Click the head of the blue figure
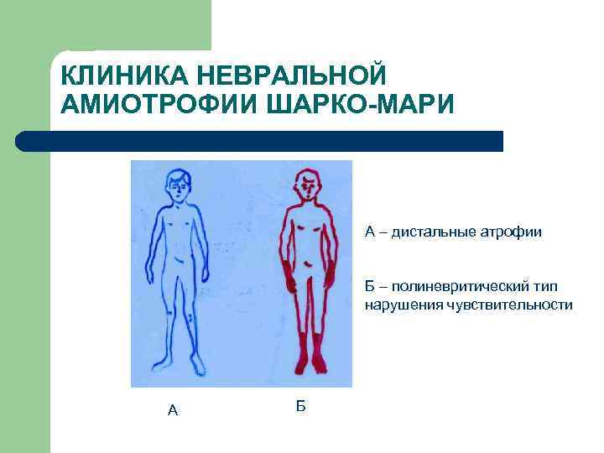tap(178, 186)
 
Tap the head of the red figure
tap(307, 186)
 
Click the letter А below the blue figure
tap(173, 410)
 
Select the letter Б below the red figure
tap(301, 406)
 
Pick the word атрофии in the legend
tap(513, 231)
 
